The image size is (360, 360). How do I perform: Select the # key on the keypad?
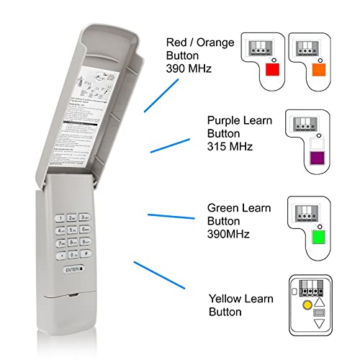pos(85,254)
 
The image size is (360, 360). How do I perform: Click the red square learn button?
pos(271,70)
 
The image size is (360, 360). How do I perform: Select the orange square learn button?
pos(319,70)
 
